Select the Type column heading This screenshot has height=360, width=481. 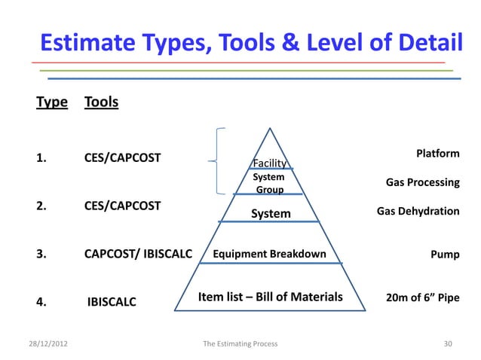51,102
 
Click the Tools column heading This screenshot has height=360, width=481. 101,102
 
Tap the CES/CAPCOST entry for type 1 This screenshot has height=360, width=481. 121,158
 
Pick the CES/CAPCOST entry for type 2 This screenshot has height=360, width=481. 121,205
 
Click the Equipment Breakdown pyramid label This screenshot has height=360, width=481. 269,254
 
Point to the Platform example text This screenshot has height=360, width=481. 437,154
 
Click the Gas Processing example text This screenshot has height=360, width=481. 422,182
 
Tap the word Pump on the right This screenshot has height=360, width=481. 444,255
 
